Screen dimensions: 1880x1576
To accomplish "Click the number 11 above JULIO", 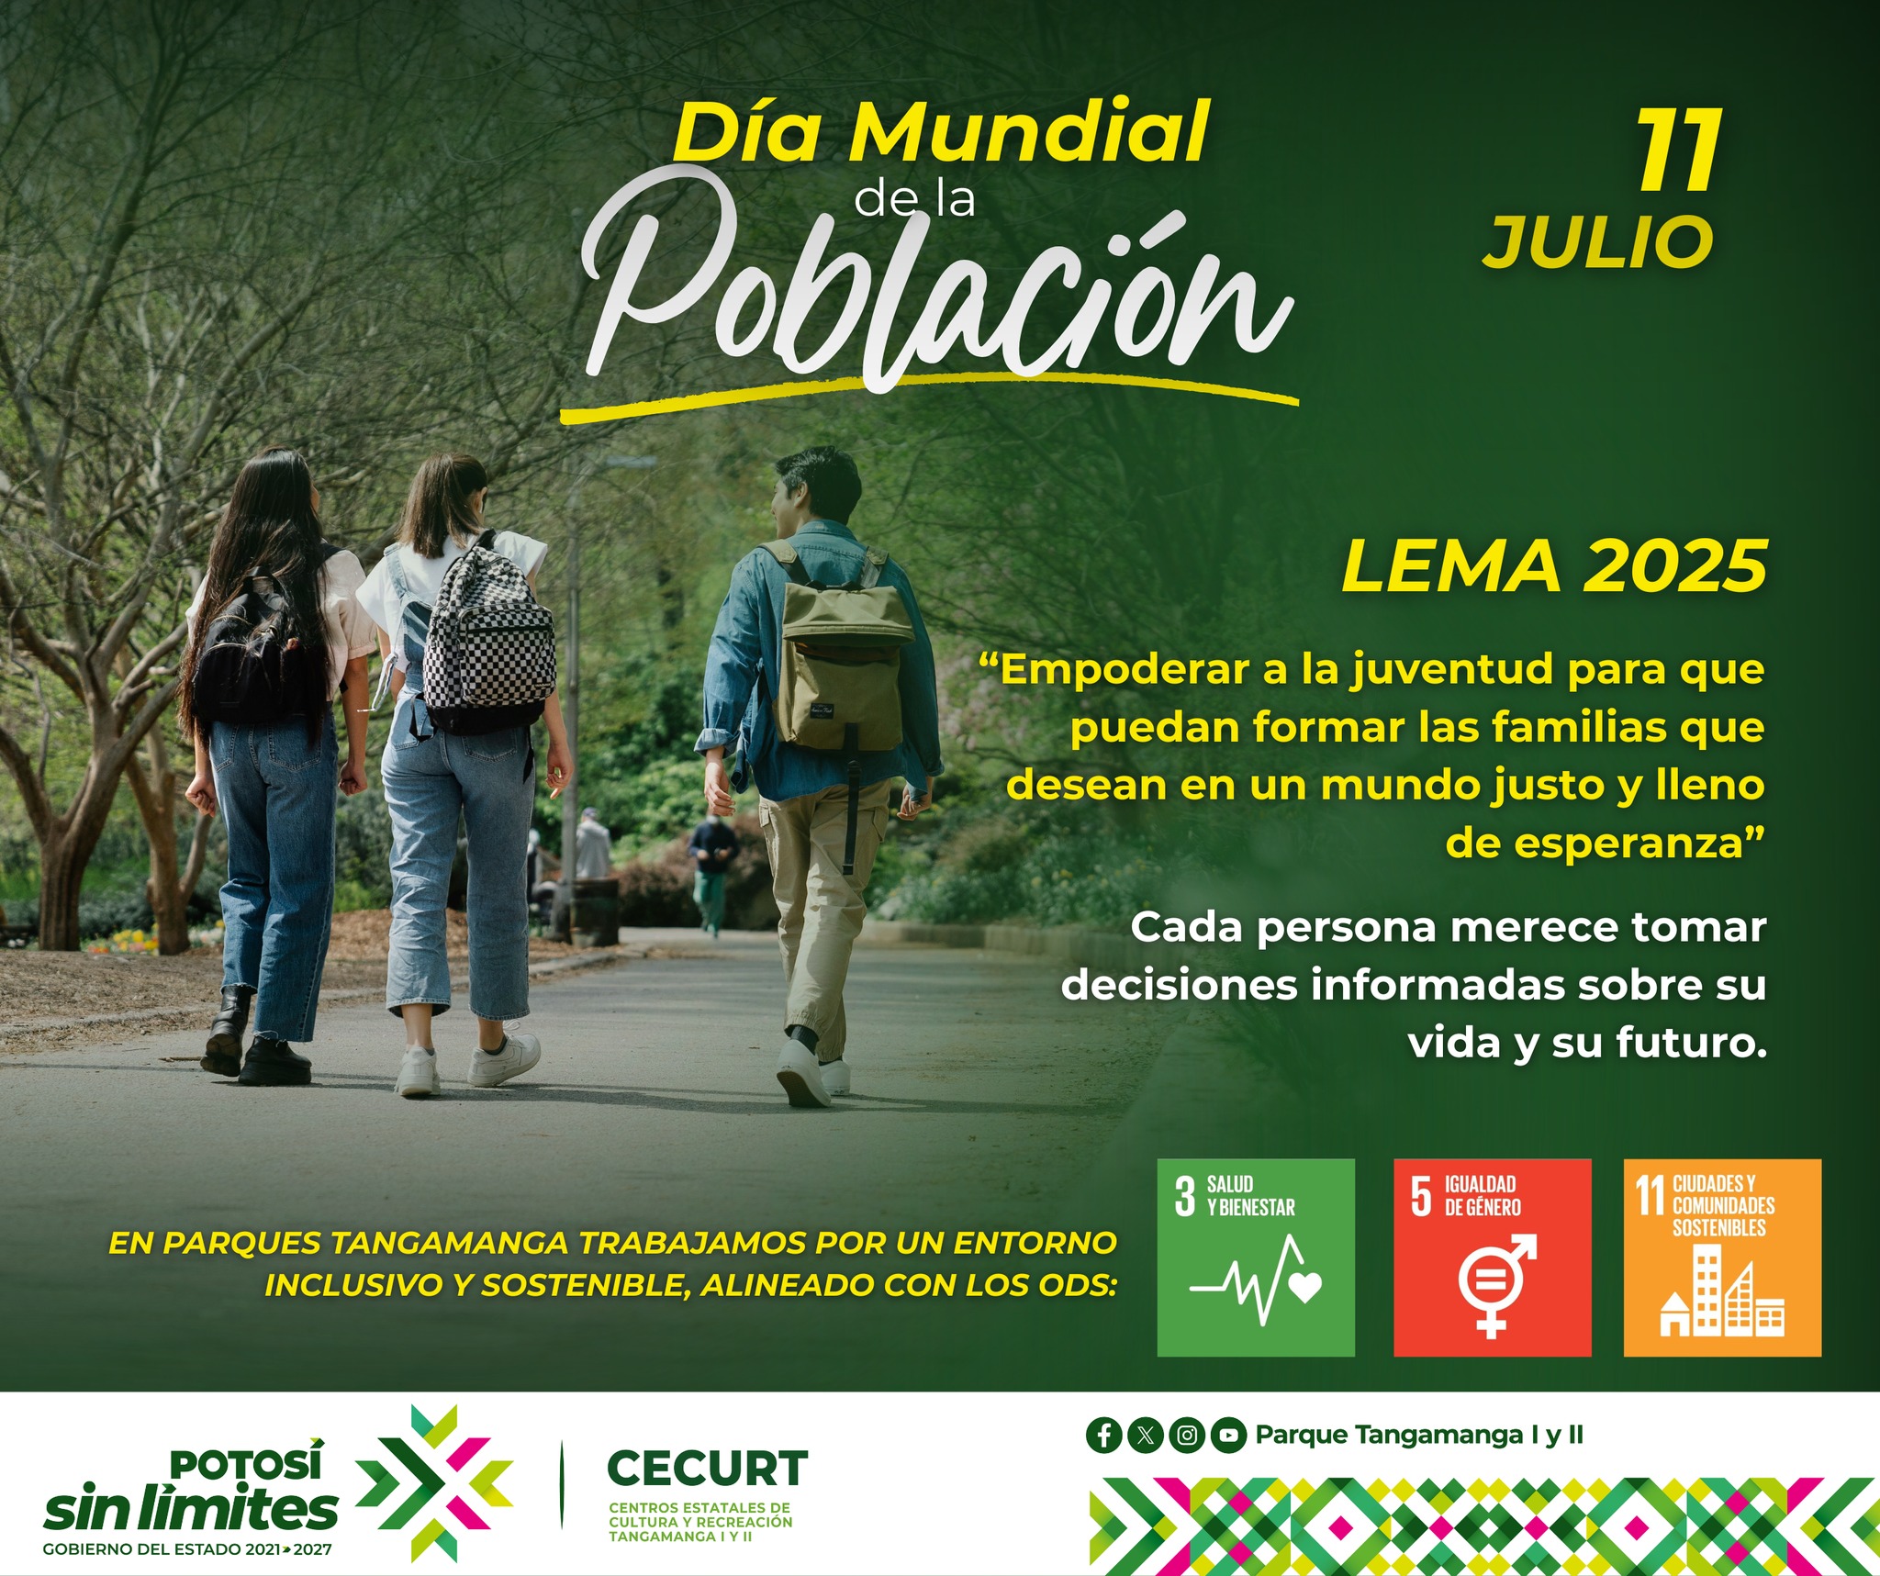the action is tap(1679, 151).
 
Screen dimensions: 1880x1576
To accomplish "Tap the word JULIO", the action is tap(1598, 242).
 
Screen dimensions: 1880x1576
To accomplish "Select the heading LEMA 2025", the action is tap(1555, 565).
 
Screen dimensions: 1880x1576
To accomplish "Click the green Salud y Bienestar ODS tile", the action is tap(1256, 1257).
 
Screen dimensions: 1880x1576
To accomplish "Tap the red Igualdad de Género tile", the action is tap(1493, 1257).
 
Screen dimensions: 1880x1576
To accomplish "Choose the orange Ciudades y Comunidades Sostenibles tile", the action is tap(1722, 1257).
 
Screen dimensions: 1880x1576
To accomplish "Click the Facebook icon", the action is tap(1104, 1435).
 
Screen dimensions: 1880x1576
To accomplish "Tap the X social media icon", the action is tap(1146, 1435).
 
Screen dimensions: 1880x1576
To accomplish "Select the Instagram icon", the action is tap(1187, 1435).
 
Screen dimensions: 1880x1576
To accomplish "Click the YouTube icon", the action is tap(1228, 1435).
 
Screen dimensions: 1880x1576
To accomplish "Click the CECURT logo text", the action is tap(708, 1469).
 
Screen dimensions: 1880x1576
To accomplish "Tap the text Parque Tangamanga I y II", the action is tap(1419, 1435).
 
